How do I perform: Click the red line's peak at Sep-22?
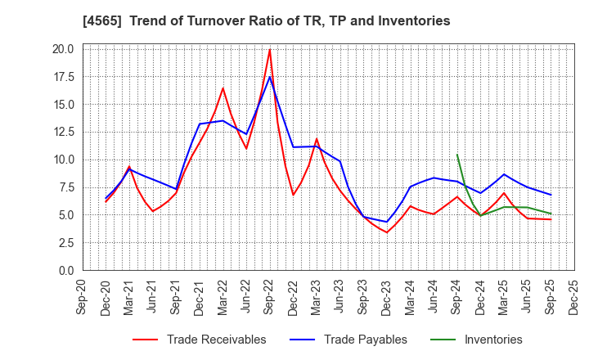(x=270, y=49)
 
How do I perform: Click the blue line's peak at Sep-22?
(x=270, y=77)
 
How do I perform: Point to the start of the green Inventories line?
(x=457, y=155)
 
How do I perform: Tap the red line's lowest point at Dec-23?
(x=387, y=232)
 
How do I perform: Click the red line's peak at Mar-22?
(x=223, y=88)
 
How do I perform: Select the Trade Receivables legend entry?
(x=216, y=340)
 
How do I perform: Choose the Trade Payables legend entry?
(x=365, y=340)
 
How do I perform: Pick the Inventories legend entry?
(x=492, y=340)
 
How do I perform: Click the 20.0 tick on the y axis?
(x=64, y=49)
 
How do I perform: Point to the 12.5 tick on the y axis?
(x=64, y=132)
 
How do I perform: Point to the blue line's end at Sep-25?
(x=551, y=195)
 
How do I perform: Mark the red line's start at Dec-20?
(x=106, y=201)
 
